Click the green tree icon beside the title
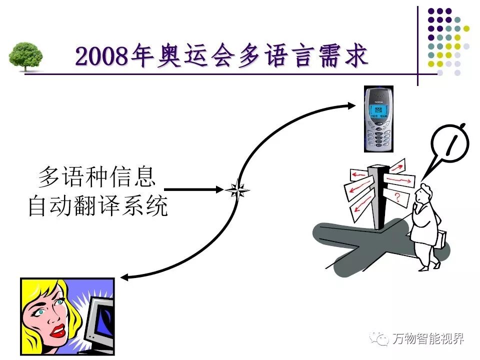pos(25,56)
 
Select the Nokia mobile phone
pos(378,118)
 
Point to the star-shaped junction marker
pos(237,190)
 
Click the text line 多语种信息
pos(97,177)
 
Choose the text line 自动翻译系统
pos(97,206)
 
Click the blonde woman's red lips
pos(59,329)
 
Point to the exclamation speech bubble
pos(450,145)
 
